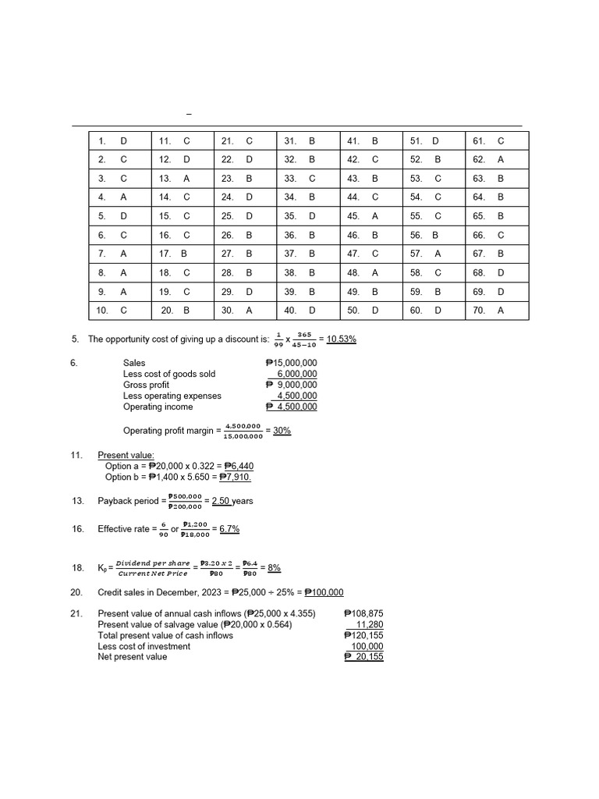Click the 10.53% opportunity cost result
click(x=342, y=339)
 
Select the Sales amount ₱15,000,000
click(x=292, y=363)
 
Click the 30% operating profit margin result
click(x=281, y=430)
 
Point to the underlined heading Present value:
click(x=126, y=455)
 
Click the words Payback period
click(x=129, y=501)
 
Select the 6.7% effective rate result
click(x=229, y=529)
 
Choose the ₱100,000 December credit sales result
click(x=324, y=592)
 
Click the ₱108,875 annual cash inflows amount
click(x=363, y=613)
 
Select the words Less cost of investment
click(x=144, y=646)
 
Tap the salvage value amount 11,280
click(x=369, y=624)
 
